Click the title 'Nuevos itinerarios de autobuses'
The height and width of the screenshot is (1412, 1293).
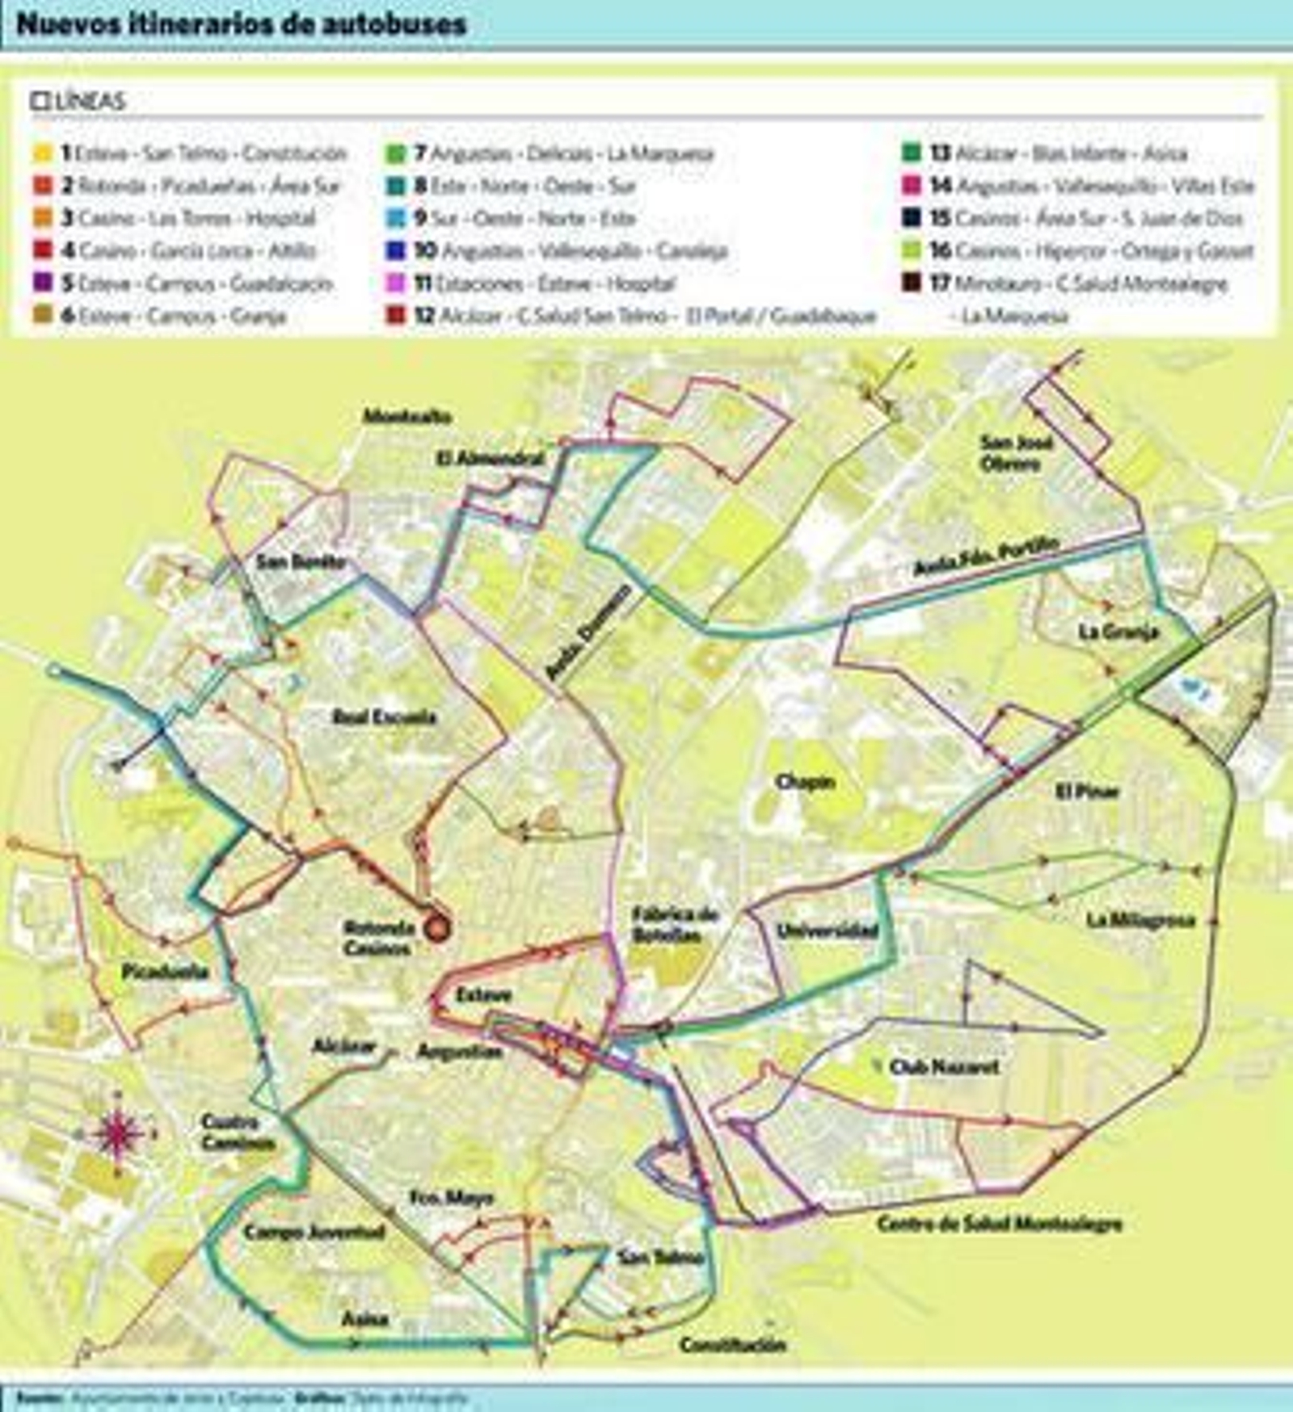click(241, 24)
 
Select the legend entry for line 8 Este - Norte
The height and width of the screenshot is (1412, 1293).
click(524, 186)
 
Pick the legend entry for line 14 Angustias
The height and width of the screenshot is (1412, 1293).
click(1091, 186)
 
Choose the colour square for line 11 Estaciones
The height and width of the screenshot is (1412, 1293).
click(395, 284)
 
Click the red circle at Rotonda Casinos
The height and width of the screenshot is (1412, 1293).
click(437, 929)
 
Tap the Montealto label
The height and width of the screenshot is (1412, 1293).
click(406, 417)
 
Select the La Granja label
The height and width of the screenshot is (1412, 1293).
click(1118, 632)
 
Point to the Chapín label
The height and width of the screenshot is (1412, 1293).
click(805, 782)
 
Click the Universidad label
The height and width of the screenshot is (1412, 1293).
click(827, 931)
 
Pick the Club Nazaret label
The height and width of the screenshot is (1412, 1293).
click(943, 1067)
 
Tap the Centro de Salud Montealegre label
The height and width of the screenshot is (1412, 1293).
click(999, 1224)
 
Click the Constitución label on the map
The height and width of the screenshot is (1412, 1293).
click(732, 1345)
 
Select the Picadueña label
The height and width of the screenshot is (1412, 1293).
click(165, 972)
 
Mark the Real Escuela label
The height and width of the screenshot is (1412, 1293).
click(384, 717)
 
